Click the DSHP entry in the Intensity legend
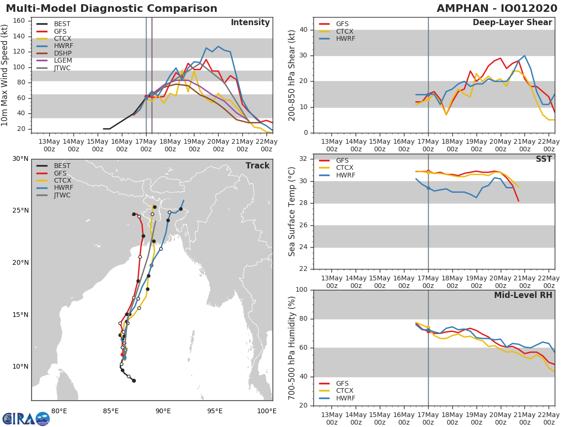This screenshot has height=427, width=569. click(63, 53)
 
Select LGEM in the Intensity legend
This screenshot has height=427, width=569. click(63, 60)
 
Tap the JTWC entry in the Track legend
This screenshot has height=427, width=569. click(62, 195)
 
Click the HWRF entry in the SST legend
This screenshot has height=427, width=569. click(346, 175)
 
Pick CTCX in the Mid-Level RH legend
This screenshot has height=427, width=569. click(345, 390)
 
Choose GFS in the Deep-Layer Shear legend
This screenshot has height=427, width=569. click(342, 24)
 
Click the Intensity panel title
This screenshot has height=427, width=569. click(250, 23)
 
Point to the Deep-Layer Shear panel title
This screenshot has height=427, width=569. click(512, 23)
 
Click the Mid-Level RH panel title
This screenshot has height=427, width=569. click(523, 295)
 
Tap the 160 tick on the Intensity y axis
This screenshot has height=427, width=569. click(18, 21)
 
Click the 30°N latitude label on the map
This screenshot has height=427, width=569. click(20, 158)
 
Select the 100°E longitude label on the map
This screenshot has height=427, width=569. click(266, 411)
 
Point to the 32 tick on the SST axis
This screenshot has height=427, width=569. click(303, 158)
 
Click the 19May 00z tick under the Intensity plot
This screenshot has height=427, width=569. click(194, 145)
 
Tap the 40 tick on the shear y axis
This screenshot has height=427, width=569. click(303, 29)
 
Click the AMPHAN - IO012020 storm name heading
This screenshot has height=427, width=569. click(496, 8)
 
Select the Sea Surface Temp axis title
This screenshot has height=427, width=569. click(292, 212)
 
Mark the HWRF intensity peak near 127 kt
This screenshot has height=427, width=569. click(218, 46)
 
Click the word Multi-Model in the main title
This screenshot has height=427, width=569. click(41, 8)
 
